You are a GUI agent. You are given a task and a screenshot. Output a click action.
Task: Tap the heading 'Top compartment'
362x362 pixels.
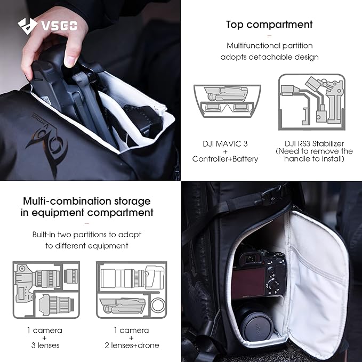tap(269, 25)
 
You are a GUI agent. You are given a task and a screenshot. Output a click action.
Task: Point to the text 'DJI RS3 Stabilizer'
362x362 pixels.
tap(314, 143)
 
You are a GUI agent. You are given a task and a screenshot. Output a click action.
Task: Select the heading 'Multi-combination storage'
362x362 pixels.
tap(86, 201)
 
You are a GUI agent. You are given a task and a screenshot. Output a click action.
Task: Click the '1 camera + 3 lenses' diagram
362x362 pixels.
tap(46, 291)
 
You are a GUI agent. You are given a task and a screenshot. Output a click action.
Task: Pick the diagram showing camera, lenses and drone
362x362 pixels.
tap(131, 291)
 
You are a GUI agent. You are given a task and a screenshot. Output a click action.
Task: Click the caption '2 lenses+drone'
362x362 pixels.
tap(131, 345)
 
